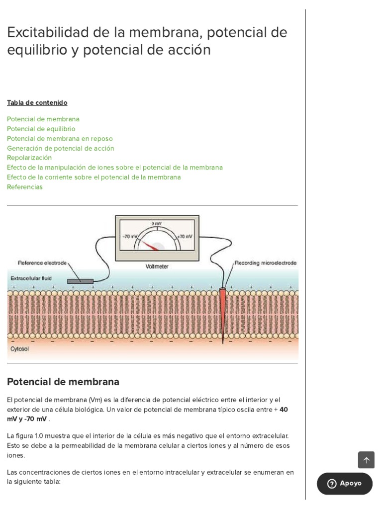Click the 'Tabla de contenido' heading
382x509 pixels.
coord(37,103)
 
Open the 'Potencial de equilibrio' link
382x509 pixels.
coord(41,129)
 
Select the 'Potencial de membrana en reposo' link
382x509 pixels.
coord(60,139)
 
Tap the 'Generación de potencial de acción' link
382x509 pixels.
coord(60,148)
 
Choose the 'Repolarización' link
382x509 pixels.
coord(29,158)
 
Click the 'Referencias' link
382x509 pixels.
coord(25,187)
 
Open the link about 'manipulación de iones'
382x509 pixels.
coord(114,168)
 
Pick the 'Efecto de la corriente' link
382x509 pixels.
coord(94,177)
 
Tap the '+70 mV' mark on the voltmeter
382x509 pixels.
coord(185,236)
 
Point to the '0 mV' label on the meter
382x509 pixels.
coord(157,224)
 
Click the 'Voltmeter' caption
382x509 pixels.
coord(157,266)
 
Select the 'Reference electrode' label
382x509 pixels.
coord(42,262)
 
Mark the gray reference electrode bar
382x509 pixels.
coord(80,281)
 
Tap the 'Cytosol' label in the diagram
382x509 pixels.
coord(20,349)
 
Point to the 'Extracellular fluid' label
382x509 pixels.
coord(31,278)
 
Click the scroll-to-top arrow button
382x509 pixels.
coord(366,460)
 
